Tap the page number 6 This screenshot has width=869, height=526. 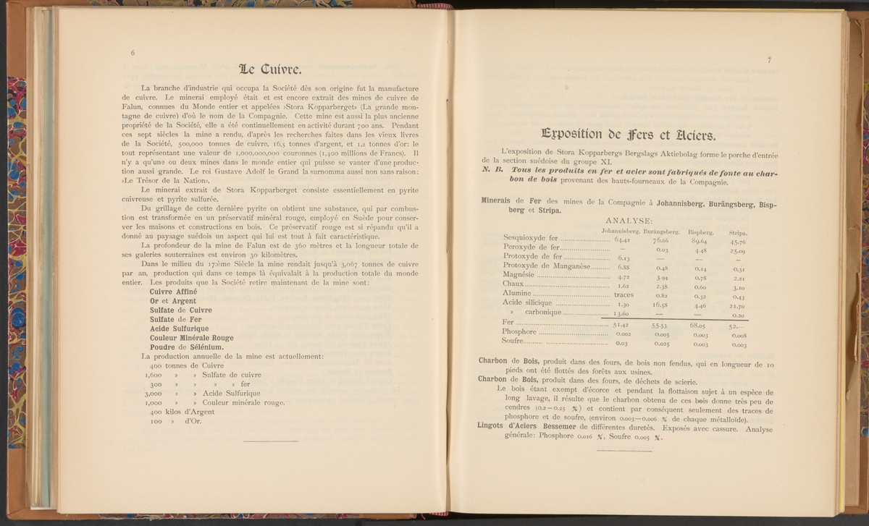(133, 53)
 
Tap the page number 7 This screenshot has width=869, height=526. (769, 60)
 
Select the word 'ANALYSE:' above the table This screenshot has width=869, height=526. (628, 221)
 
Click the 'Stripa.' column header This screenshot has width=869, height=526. (738, 232)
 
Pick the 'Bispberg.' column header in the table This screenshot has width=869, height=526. (701, 232)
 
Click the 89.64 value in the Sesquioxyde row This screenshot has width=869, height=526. (699, 240)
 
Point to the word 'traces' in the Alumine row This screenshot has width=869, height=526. (624, 295)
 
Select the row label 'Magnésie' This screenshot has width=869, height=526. (519, 275)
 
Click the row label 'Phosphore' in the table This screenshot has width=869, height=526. (519, 331)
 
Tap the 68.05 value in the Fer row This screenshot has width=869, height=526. (699, 326)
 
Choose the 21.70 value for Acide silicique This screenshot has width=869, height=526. (738, 307)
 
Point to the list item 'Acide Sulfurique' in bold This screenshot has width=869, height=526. (180, 328)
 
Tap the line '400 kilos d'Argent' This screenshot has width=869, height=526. (174, 412)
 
